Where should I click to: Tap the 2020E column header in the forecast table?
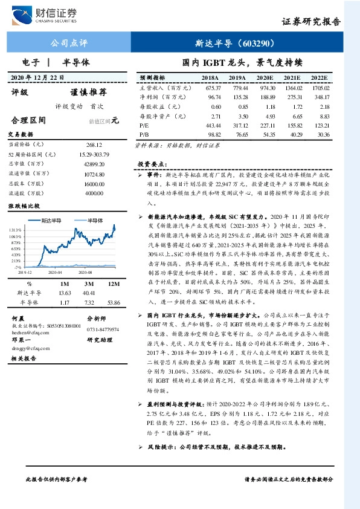(264, 79)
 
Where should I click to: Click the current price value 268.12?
(94, 145)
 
